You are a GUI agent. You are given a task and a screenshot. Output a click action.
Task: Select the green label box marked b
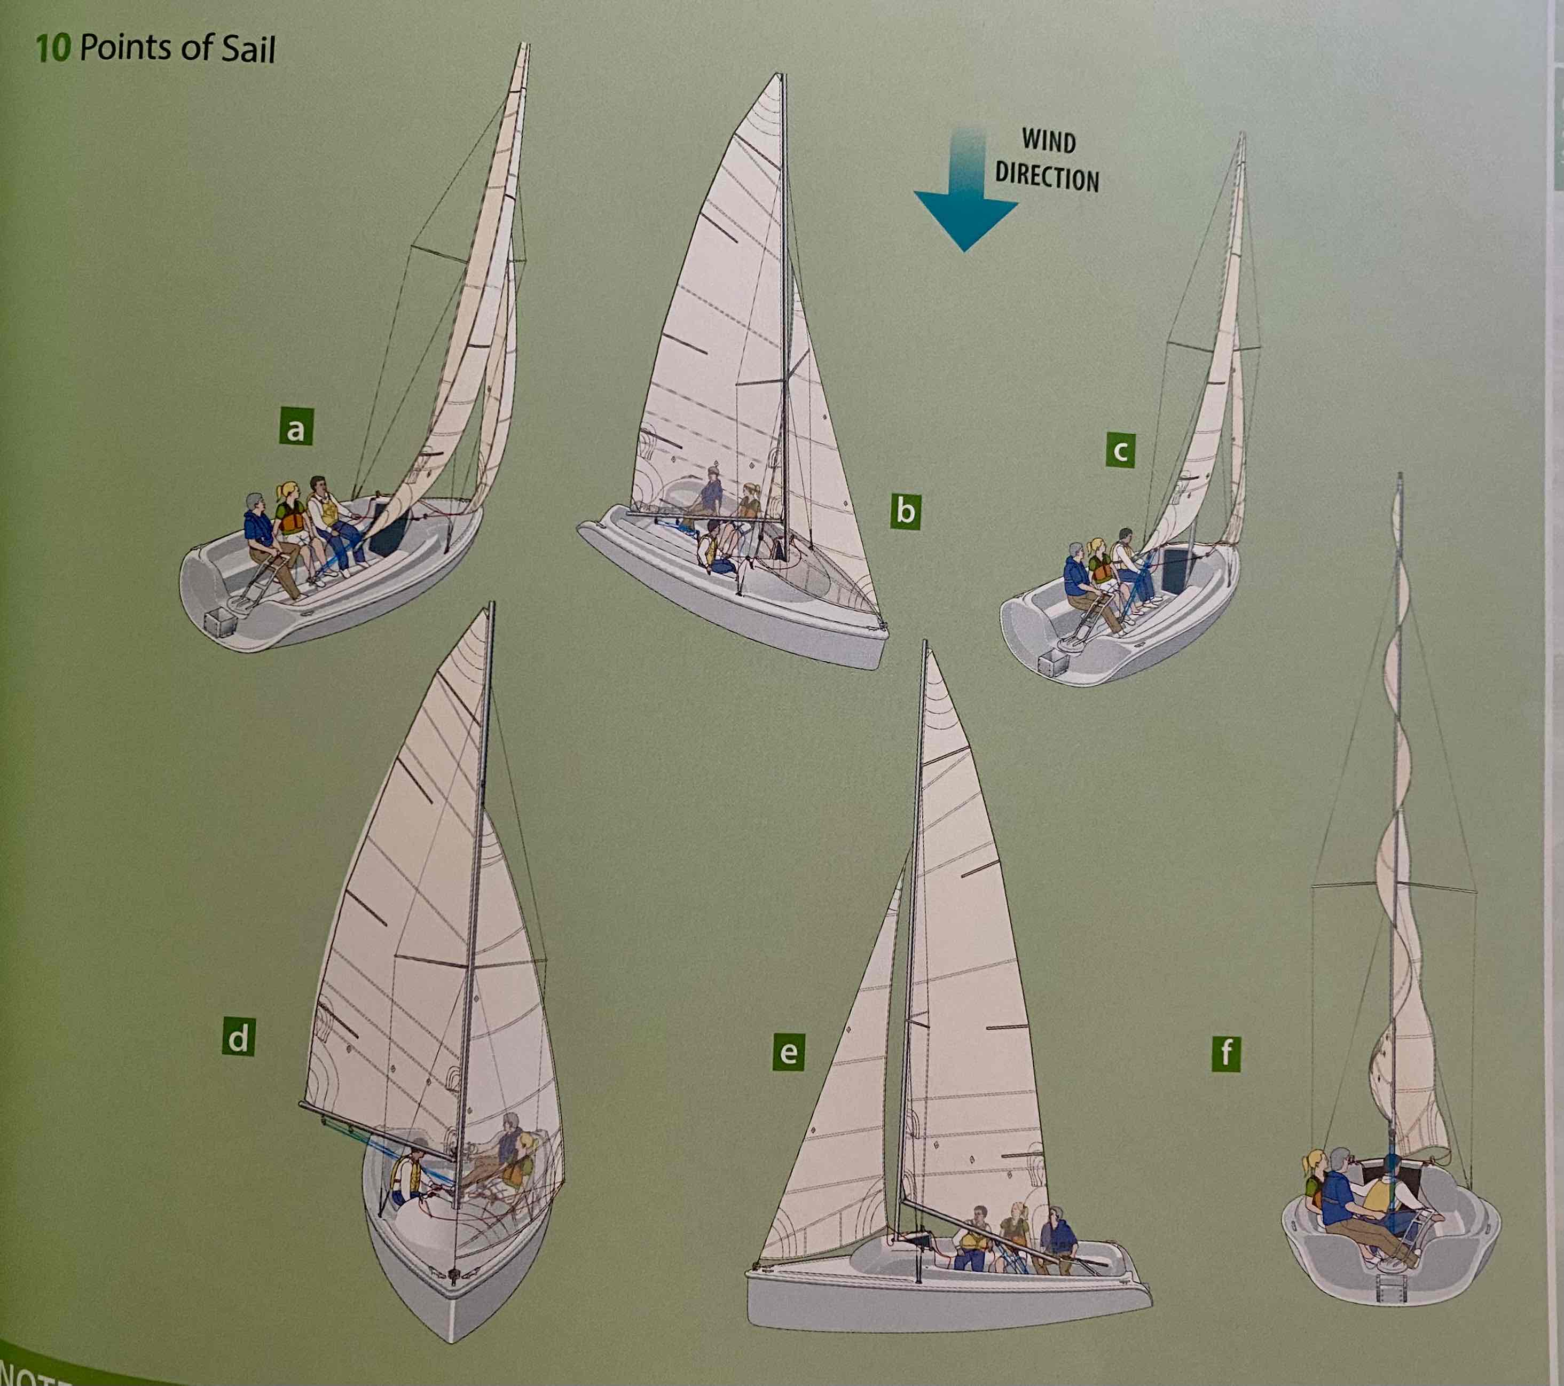pyautogui.click(x=905, y=511)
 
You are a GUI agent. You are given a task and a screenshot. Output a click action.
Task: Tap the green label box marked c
pyautogui.click(x=1120, y=451)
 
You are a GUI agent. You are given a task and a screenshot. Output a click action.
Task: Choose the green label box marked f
pyautogui.click(x=1226, y=1054)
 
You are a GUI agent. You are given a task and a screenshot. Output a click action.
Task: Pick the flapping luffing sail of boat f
pyautogui.click(x=1405, y=995)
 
